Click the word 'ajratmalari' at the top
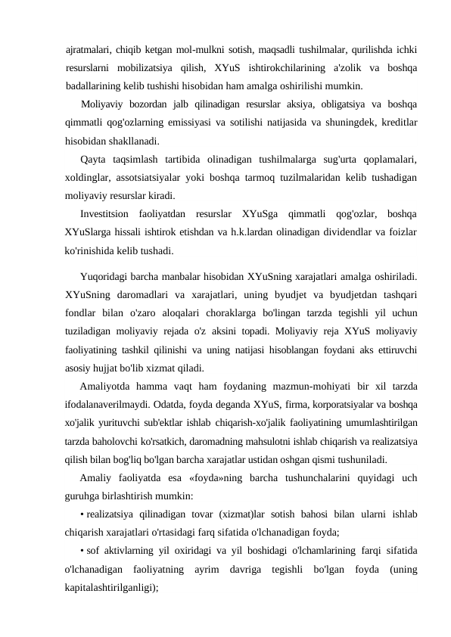(85, 51)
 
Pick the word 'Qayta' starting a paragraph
(93, 160)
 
